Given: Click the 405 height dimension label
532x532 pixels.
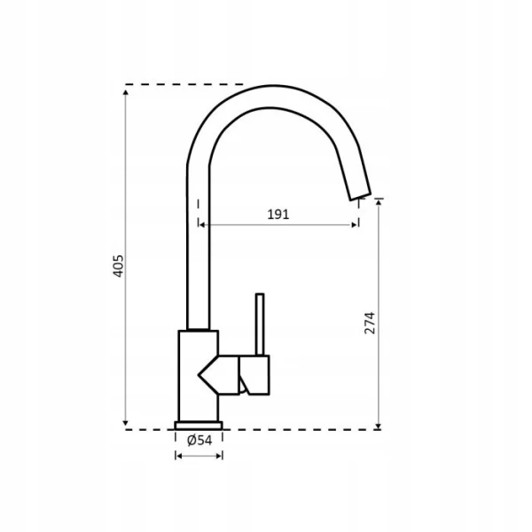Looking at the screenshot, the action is (x=118, y=266).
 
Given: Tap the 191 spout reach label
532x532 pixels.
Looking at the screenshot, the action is (x=278, y=215).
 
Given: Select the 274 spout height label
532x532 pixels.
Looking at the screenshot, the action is (x=370, y=323).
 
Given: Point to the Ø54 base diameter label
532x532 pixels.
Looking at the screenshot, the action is (x=199, y=441).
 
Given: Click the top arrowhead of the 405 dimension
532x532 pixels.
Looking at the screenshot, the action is (x=126, y=92).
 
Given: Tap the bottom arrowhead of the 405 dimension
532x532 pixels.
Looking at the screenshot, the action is (x=126, y=423).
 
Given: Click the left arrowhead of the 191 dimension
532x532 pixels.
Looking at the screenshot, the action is (x=201, y=224).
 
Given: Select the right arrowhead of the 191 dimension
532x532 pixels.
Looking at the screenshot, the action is (x=355, y=224).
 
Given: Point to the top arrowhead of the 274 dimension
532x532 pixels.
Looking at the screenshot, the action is (x=379, y=202).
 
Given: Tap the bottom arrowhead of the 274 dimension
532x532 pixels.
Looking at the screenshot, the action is (x=379, y=426).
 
